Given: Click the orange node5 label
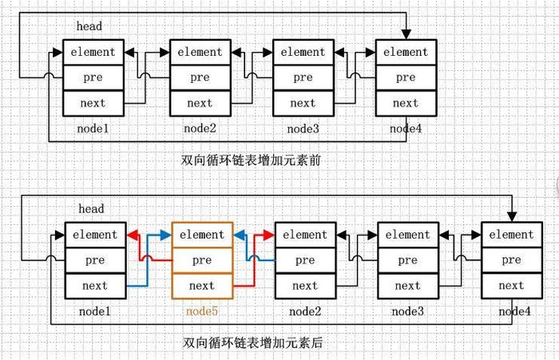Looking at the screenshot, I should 201,311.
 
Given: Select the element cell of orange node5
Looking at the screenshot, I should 202,235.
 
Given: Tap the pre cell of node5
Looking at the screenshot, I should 202,260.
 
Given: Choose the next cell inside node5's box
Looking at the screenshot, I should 202,286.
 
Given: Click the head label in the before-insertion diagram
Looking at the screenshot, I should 89,26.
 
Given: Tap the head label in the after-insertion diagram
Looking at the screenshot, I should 91,209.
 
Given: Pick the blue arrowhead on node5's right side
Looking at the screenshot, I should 239,235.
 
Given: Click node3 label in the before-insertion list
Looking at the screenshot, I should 303,128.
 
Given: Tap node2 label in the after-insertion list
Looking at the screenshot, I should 305,311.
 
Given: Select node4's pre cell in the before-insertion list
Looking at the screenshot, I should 406,77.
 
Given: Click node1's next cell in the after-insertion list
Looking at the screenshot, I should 95,286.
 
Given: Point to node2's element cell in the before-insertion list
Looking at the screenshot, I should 200,52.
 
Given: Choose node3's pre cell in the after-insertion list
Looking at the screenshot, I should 407,260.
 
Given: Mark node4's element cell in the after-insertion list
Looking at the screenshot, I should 511,235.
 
